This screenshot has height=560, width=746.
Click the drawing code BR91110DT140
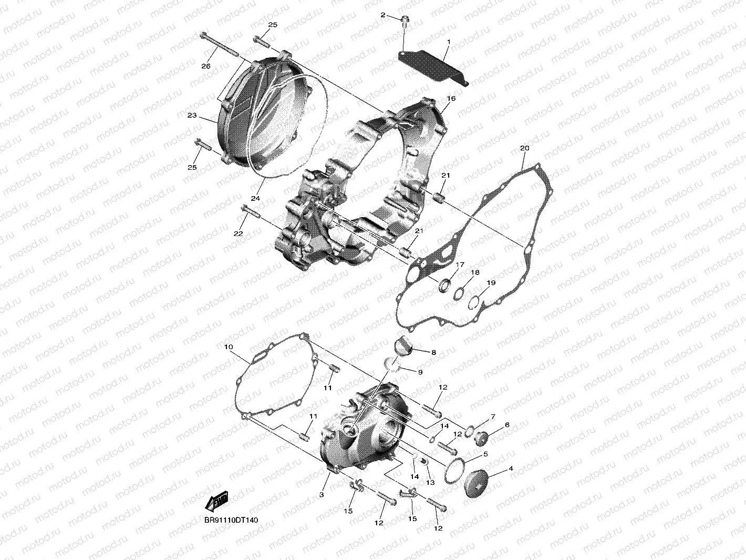[x=231, y=520]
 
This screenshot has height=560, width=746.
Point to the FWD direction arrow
[x=217, y=502]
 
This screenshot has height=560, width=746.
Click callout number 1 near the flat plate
[x=449, y=42]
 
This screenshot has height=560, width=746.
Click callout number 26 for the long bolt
[x=206, y=66]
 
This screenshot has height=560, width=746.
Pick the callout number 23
[x=192, y=115]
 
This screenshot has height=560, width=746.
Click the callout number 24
[x=256, y=198]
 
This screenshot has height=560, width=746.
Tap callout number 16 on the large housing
[x=451, y=98]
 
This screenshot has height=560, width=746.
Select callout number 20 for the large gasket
[x=524, y=148]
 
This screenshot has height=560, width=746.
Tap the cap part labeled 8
[x=403, y=348]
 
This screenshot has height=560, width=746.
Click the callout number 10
[x=229, y=347]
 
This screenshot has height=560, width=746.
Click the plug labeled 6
[x=481, y=437]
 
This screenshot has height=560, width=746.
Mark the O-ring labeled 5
[x=454, y=470]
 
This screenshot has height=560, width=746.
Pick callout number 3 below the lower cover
[x=322, y=495]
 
